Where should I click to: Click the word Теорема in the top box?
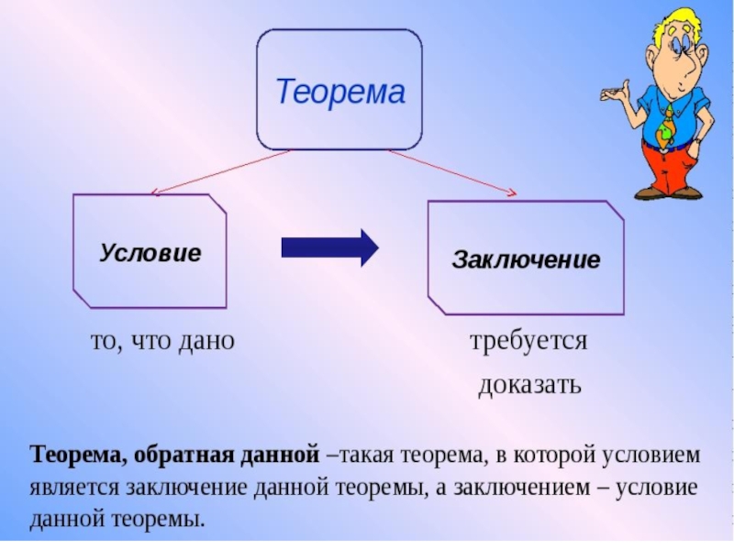coord(340,92)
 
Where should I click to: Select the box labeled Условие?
coord(150,251)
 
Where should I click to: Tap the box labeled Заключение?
coord(526,259)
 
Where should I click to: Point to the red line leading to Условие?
coord(220,171)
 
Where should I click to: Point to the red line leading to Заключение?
coord(450,171)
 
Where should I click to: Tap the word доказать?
coord(529,383)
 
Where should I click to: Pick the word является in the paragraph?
coord(68,487)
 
